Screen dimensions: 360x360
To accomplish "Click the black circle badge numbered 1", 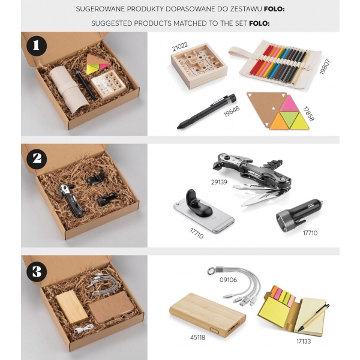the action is click(37, 46).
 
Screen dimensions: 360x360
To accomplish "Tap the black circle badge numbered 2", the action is click(37, 159).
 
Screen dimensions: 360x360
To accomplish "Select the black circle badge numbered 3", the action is click(37, 271).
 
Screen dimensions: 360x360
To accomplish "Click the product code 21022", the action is click(180, 47).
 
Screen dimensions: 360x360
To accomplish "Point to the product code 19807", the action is click(325, 67).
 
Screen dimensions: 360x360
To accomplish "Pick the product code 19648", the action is click(232, 111).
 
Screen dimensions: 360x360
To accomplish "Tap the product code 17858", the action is click(308, 113).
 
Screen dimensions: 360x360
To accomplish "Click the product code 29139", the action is click(219, 182).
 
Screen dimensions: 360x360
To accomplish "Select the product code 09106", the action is click(228, 280).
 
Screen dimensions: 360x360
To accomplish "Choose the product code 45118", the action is click(197, 337).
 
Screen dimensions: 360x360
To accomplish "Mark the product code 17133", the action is click(304, 341).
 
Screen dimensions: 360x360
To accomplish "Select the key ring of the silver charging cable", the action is click(211, 271).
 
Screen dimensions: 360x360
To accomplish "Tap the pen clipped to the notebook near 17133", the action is click(313, 318).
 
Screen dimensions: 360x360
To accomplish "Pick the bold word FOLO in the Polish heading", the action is click(274, 9).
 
